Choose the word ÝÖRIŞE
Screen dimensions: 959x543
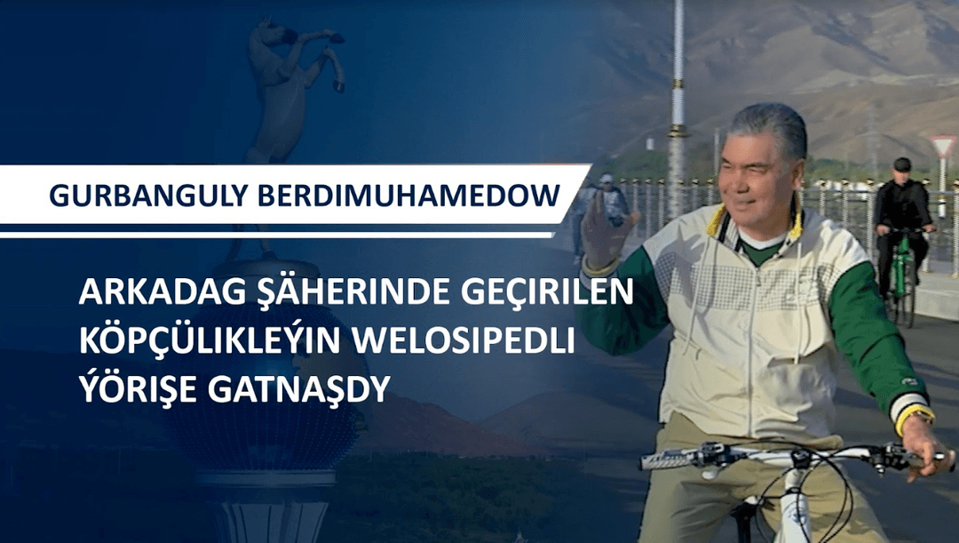(x=139, y=387)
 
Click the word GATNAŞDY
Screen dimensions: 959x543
(x=299, y=389)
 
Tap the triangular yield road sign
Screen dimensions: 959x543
(x=942, y=147)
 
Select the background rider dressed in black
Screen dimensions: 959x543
(x=902, y=220)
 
